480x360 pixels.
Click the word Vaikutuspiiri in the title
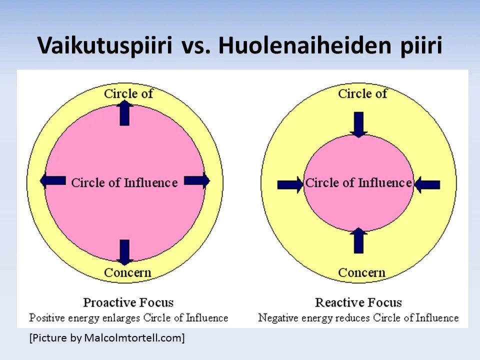coord(105,46)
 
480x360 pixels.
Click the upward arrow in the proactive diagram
coord(124,113)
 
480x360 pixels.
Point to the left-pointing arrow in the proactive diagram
coord(53,180)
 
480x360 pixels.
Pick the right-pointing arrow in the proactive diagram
coord(197,180)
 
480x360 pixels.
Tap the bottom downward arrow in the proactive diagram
coord(124,252)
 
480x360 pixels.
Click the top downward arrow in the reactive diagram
coord(358,124)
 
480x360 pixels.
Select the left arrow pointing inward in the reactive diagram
coord(290,184)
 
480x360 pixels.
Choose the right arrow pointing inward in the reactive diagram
coord(427,184)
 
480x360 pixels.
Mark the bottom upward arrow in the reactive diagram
coord(358,240)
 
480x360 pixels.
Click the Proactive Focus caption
coord(128,302)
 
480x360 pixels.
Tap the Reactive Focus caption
coord(358,302)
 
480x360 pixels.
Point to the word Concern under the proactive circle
coord(127,273)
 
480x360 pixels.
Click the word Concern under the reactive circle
coord(361,273)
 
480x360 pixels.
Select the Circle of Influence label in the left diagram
coord(124,183)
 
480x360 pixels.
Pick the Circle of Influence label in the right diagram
coord(358,183)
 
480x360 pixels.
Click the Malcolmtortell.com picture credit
coord(107,338)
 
